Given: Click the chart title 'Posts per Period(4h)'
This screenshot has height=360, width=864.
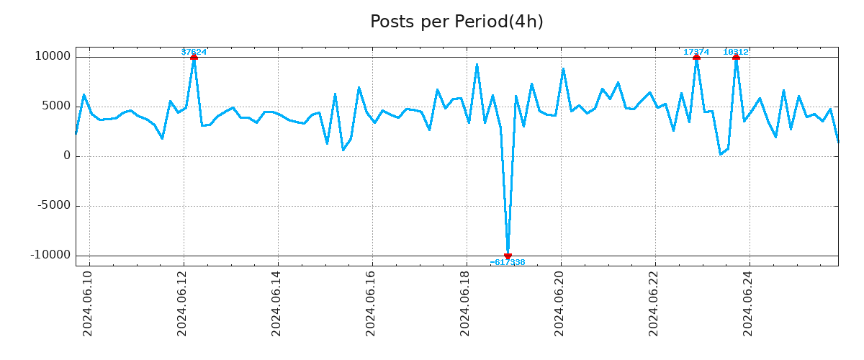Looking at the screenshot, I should pyautogui.click(x=456, y=22).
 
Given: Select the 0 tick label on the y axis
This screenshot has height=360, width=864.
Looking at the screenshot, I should pyautogui.click(x=67, y=156).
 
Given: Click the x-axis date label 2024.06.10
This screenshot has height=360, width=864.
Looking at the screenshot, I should pyautogui.click(x=88, y=303).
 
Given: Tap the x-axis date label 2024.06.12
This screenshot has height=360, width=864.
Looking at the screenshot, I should pyautogui.click(x=182, y=303).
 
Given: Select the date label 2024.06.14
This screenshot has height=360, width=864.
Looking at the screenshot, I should pyautogui.click(x=276, y=303).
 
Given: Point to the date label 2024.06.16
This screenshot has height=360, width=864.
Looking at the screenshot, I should pyautogui.click(x=371, y=303).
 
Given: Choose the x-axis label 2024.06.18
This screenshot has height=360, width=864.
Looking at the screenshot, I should pyautogui.click(x=465, y=303).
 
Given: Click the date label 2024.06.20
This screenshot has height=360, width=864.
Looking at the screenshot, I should pyautogui.click(x=559, y=303).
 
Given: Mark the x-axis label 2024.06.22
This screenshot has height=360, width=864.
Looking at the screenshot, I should pyautogui.click(x=654, y=303).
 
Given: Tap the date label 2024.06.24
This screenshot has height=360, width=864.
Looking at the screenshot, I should pyautogui.click(x=748, y=303).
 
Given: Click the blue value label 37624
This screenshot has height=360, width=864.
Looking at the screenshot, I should pyautogui.click(x=194, y=52).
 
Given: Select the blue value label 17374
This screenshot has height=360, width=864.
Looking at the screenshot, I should pyautogui.click(x=696, y=52).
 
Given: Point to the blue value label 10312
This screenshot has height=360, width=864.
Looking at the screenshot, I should pyautogui.click(x=736, y=52).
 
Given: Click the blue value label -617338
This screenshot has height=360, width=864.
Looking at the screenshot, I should pyautogui.click(x=508, y=263).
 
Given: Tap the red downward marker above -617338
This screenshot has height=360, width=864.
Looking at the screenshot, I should pyautogui.click(x=508, y=256).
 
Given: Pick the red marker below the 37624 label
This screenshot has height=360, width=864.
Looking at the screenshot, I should pyautogui.click(x=194, y=57).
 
